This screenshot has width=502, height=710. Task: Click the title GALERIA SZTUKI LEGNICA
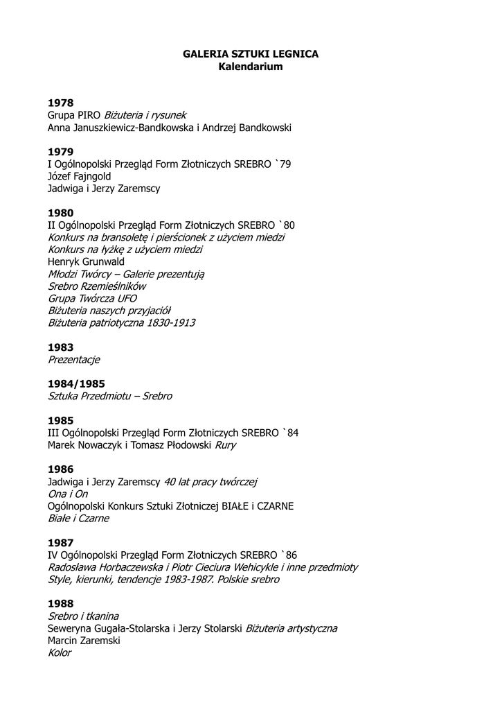(x=251, y=53)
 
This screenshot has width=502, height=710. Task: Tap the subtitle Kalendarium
(x=251, y=67)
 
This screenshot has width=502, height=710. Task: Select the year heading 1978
(x=60, y=103)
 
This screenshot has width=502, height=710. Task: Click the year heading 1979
(x=60, y=151)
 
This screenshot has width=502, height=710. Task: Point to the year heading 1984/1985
(x=76, y=383)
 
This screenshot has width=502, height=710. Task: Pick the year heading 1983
(x=60, y=347)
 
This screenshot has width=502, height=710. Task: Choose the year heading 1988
(x=60, y=603)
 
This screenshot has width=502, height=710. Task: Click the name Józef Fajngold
(x=79, y=176)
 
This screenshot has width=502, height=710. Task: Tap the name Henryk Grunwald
(x=86, y=261)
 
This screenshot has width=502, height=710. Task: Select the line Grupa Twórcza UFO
(x=92, y=298)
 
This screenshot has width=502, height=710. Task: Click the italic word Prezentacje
(x=74, y=359)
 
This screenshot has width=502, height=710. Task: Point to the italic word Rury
(x=225, y=445)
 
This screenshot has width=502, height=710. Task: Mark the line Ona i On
(x=68, y=494)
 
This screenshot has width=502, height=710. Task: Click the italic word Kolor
(x=60, y=652)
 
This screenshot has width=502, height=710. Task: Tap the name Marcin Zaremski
(x=84, y=641)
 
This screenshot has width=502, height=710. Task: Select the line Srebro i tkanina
(x=83, y=616)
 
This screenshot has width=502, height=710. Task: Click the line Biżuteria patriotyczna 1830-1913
(x=121, y=322)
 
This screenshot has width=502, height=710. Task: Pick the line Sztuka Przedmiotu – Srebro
(x=109, y=396)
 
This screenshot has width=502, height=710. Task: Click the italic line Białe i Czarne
(x=78, y=518)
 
